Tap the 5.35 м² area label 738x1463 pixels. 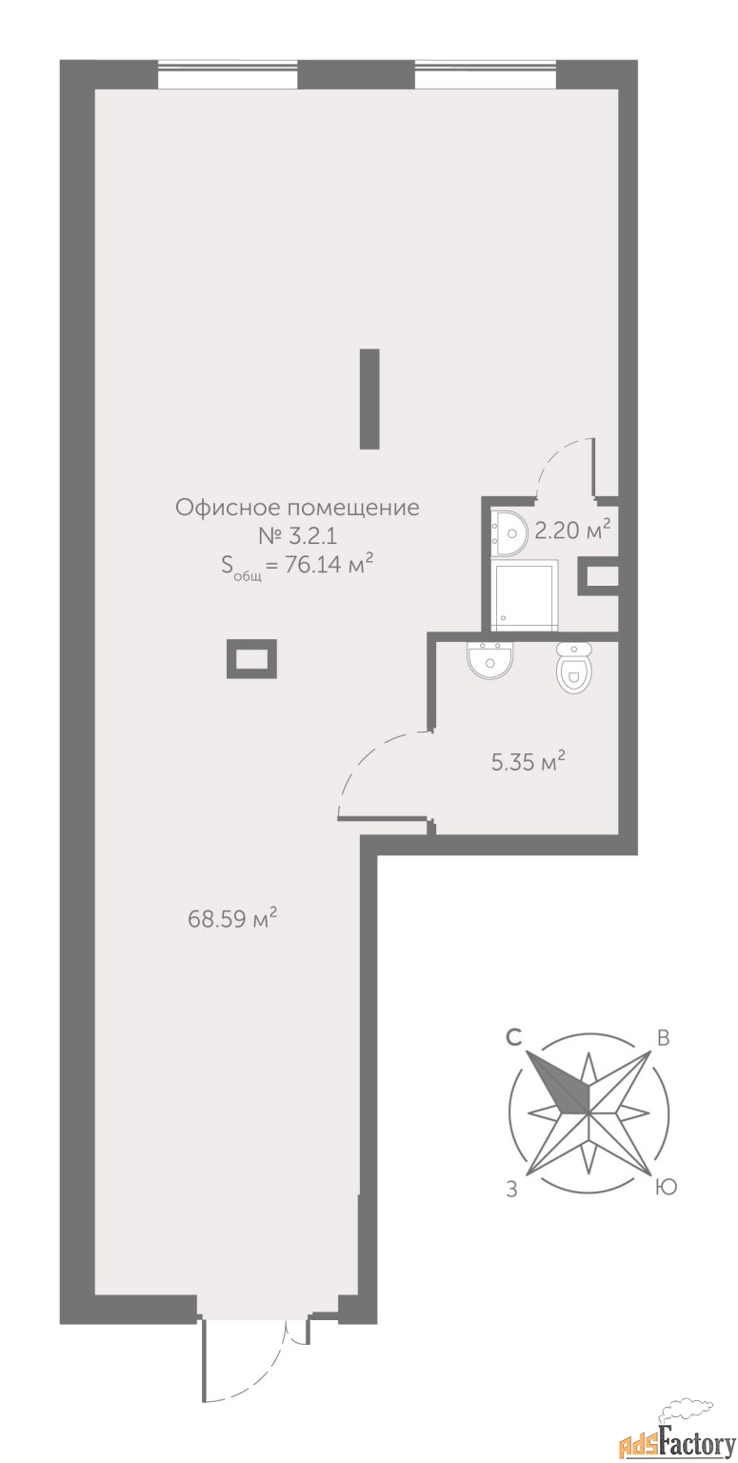click(528, 762)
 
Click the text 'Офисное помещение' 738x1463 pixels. click(297, 507)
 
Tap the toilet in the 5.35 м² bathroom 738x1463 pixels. click(572, 667)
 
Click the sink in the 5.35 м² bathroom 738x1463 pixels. click(490, 660)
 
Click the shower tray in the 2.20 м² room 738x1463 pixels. click(525, 595)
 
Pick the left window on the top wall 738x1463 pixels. click(228, 73)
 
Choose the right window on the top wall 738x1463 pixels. click(485, 73)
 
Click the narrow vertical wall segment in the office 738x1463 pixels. click(369, 399)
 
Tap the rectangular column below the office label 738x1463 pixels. click(251, 659)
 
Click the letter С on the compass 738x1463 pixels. click(514, 1038)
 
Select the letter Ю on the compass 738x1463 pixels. click(667, 1187)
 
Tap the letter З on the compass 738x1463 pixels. click(512, 1190)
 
